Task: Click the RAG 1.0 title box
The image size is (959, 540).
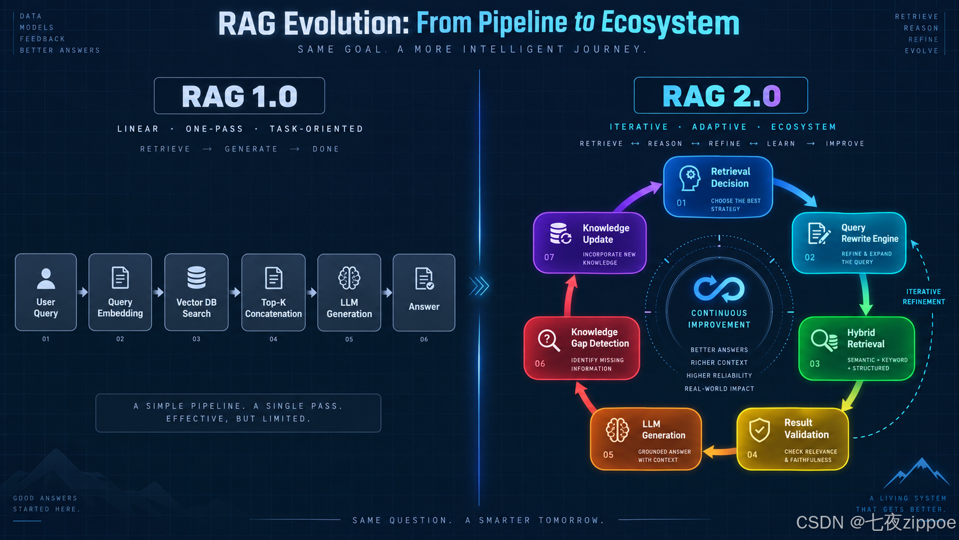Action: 239,95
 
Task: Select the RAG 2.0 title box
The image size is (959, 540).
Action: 721,95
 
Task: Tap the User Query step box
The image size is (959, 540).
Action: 46,292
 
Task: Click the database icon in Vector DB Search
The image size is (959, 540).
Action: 197,278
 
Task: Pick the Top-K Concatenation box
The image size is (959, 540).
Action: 273,293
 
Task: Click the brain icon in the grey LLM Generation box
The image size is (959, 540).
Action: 349,278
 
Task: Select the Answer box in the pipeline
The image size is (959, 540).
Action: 424,293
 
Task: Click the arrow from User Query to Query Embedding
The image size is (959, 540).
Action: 83,292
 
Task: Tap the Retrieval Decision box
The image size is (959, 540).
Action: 718,187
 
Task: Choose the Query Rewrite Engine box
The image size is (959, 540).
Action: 849,243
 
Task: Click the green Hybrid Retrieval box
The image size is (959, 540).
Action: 857,348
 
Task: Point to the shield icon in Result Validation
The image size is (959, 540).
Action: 759,430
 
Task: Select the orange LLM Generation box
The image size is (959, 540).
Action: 646,439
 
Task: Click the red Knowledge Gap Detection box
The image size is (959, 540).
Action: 582,348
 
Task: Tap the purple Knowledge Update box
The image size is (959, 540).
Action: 590,243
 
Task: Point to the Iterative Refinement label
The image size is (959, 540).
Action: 924,297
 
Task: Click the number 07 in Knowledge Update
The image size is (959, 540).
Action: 549,257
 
